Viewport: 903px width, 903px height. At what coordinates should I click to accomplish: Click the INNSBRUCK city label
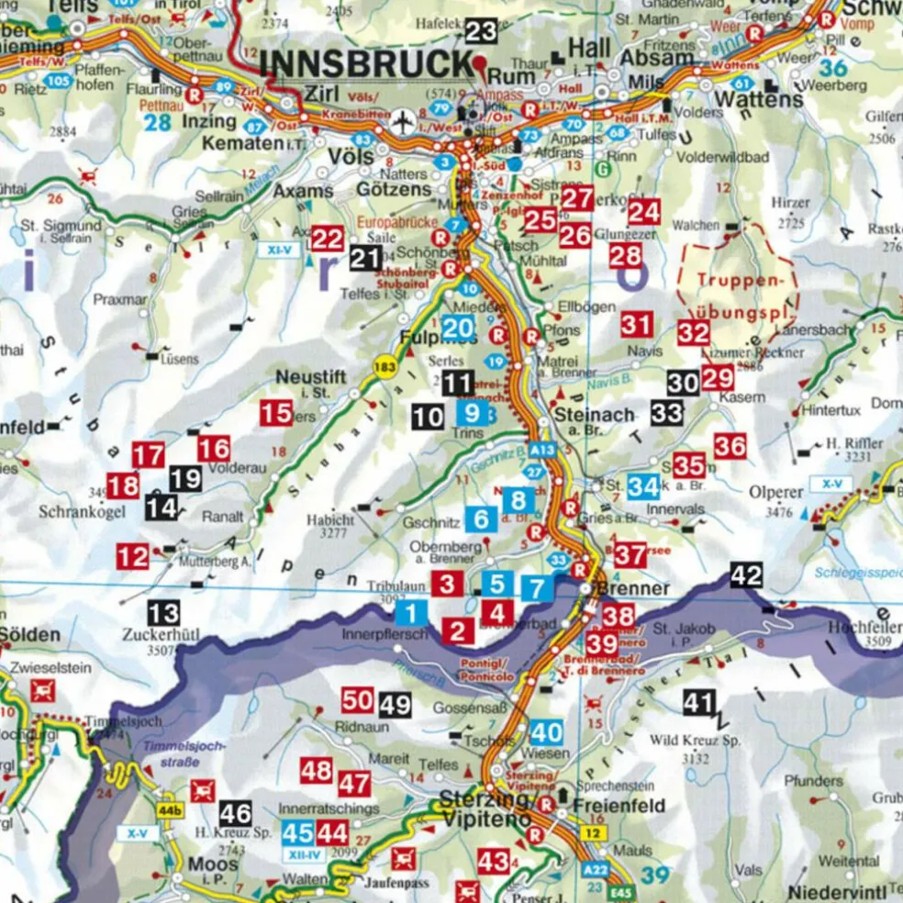[366, 65]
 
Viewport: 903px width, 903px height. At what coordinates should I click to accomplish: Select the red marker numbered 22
[327, 239]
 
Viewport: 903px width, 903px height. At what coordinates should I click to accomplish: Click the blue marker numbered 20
[458, 327]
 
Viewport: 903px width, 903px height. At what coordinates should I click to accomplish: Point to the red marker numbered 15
[275, 413]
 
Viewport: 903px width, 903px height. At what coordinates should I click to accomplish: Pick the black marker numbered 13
[164, 612]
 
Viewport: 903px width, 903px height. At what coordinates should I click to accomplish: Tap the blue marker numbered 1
[412, 613]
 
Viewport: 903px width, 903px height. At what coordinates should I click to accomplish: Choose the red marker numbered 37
[630, 554]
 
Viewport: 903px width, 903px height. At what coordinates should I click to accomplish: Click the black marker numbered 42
[746, 576]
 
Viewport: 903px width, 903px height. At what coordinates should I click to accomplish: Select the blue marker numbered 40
[546, 732]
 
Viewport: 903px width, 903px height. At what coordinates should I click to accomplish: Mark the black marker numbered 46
[235, 812]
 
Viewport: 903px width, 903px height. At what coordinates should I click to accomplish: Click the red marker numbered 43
[494, 861]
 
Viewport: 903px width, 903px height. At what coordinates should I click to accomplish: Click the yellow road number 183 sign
[385, 367]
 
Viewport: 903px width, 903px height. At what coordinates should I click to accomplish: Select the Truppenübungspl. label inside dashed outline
[738, 289]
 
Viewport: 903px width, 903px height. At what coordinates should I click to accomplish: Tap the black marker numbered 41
[698, 703]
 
